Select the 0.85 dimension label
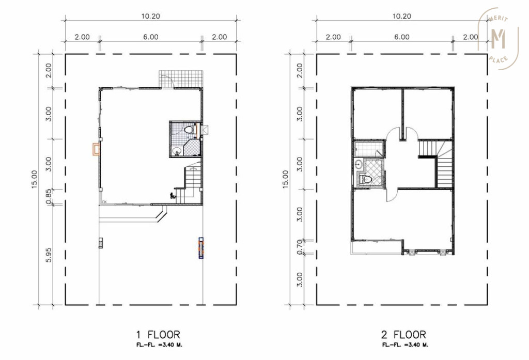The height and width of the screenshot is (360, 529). pyautogui.click(x=49, y=197)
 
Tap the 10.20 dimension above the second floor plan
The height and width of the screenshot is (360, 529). pyautogui.click(x=401, y=16)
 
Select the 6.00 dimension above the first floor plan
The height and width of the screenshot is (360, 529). pyautogui.click(x=151, y=37)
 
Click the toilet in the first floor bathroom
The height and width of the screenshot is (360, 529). pyautogui.click(x=189, y=130)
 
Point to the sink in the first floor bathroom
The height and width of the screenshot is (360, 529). pyautogui.click(x=177, y=151)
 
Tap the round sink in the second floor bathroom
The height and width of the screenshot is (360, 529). pyautogui.click(x=358, y=164)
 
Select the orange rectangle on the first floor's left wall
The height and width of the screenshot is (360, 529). pyautogui.click(x=96, y=149)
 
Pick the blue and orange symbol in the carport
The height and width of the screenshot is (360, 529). pyautogui.click(x=200, y=247)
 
